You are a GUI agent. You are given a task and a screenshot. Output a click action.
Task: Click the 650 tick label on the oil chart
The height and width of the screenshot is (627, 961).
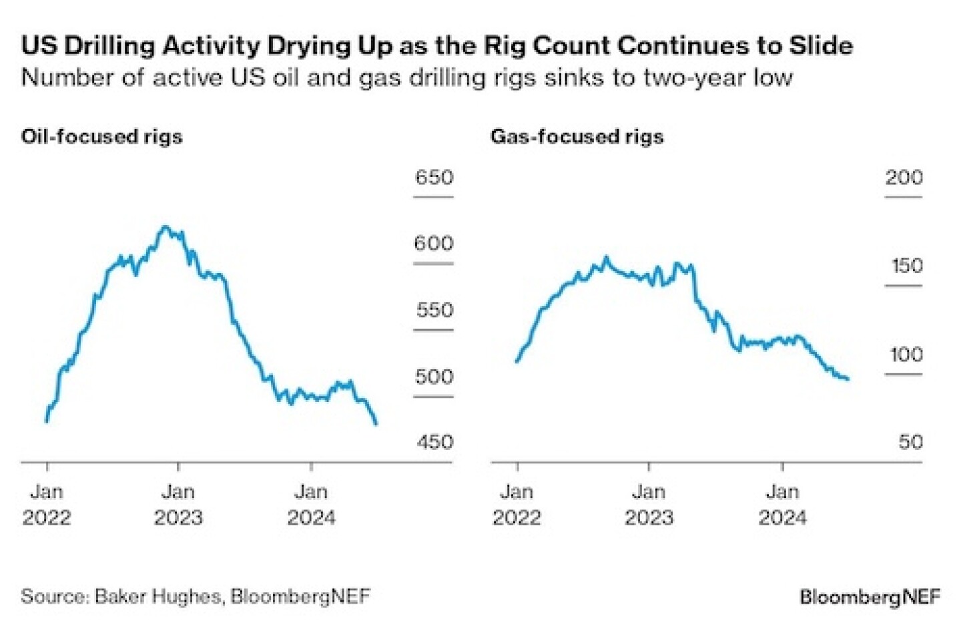pos(434,178)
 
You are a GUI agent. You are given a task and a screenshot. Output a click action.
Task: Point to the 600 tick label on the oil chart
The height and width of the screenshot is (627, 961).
pos(434,244)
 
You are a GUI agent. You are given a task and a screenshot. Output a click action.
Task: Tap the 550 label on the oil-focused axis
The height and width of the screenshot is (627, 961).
pos(434,310)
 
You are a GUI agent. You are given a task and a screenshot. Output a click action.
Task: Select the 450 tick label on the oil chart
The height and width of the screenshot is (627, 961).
pos(434,442)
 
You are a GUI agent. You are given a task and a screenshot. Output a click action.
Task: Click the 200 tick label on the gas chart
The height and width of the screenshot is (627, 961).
pos(904,178)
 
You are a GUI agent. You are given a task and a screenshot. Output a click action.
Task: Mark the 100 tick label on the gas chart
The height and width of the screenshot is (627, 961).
pos(906,355)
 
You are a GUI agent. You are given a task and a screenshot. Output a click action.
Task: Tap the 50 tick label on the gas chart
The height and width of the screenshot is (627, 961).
pos(910,442)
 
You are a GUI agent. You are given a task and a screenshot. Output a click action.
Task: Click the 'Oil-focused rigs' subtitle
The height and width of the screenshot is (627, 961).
pos(101,137)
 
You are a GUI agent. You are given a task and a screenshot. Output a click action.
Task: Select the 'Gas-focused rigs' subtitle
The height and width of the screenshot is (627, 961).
pos(577,137)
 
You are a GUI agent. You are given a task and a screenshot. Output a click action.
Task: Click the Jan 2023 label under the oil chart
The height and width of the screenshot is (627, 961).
pos(178,505)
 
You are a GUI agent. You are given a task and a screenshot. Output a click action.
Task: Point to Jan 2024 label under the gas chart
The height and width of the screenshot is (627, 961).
pos(782,505)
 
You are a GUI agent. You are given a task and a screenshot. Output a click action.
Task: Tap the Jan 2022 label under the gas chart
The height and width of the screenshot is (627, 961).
pos(517,505)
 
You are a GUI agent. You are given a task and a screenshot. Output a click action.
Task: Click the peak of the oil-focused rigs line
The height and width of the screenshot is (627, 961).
pos(166,227)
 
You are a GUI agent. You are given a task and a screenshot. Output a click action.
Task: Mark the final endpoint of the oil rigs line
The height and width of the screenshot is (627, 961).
pos(377,424)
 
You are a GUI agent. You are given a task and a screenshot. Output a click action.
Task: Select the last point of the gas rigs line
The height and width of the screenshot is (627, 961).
pos(848,379)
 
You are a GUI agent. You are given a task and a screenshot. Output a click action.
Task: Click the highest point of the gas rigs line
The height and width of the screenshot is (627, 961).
pos(606,256)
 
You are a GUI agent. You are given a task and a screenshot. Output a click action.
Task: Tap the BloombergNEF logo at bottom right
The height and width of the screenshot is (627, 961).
pos(870,596)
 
